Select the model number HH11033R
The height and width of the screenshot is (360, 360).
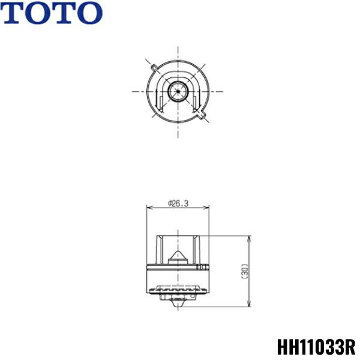(x=316, y=347)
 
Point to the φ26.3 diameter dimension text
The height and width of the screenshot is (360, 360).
(x=178, y=204)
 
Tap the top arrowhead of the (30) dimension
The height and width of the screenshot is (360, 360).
(x=249, y=238)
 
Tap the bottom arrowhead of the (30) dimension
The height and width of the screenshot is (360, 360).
(x=249, y=304)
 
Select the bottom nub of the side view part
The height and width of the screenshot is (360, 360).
(x=178, y=303)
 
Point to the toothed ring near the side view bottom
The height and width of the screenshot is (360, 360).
(x=178, y=293)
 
